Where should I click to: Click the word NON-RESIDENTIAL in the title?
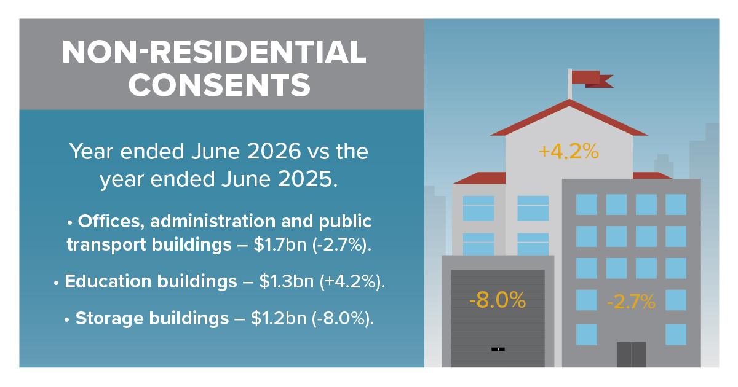[214, 52]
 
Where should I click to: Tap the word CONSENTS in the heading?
[220, 85]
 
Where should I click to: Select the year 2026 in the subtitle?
[274, 151]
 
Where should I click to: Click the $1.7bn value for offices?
[280, 244]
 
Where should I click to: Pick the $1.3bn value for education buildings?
[287, 282]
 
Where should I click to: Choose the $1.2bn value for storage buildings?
[279, 319]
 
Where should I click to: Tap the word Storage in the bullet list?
[109, 318]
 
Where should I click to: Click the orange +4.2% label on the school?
[569, 151]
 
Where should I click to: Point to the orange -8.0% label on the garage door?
[498, 300]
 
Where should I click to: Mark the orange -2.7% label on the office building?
[631, 302]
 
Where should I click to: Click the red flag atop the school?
[592, 79]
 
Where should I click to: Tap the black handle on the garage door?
[498, 349]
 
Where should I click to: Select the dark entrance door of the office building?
[631, 354]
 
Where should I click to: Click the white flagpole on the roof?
[569, 84]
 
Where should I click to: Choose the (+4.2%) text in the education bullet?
[352, 282]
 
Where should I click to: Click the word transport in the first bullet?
[107, 245]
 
